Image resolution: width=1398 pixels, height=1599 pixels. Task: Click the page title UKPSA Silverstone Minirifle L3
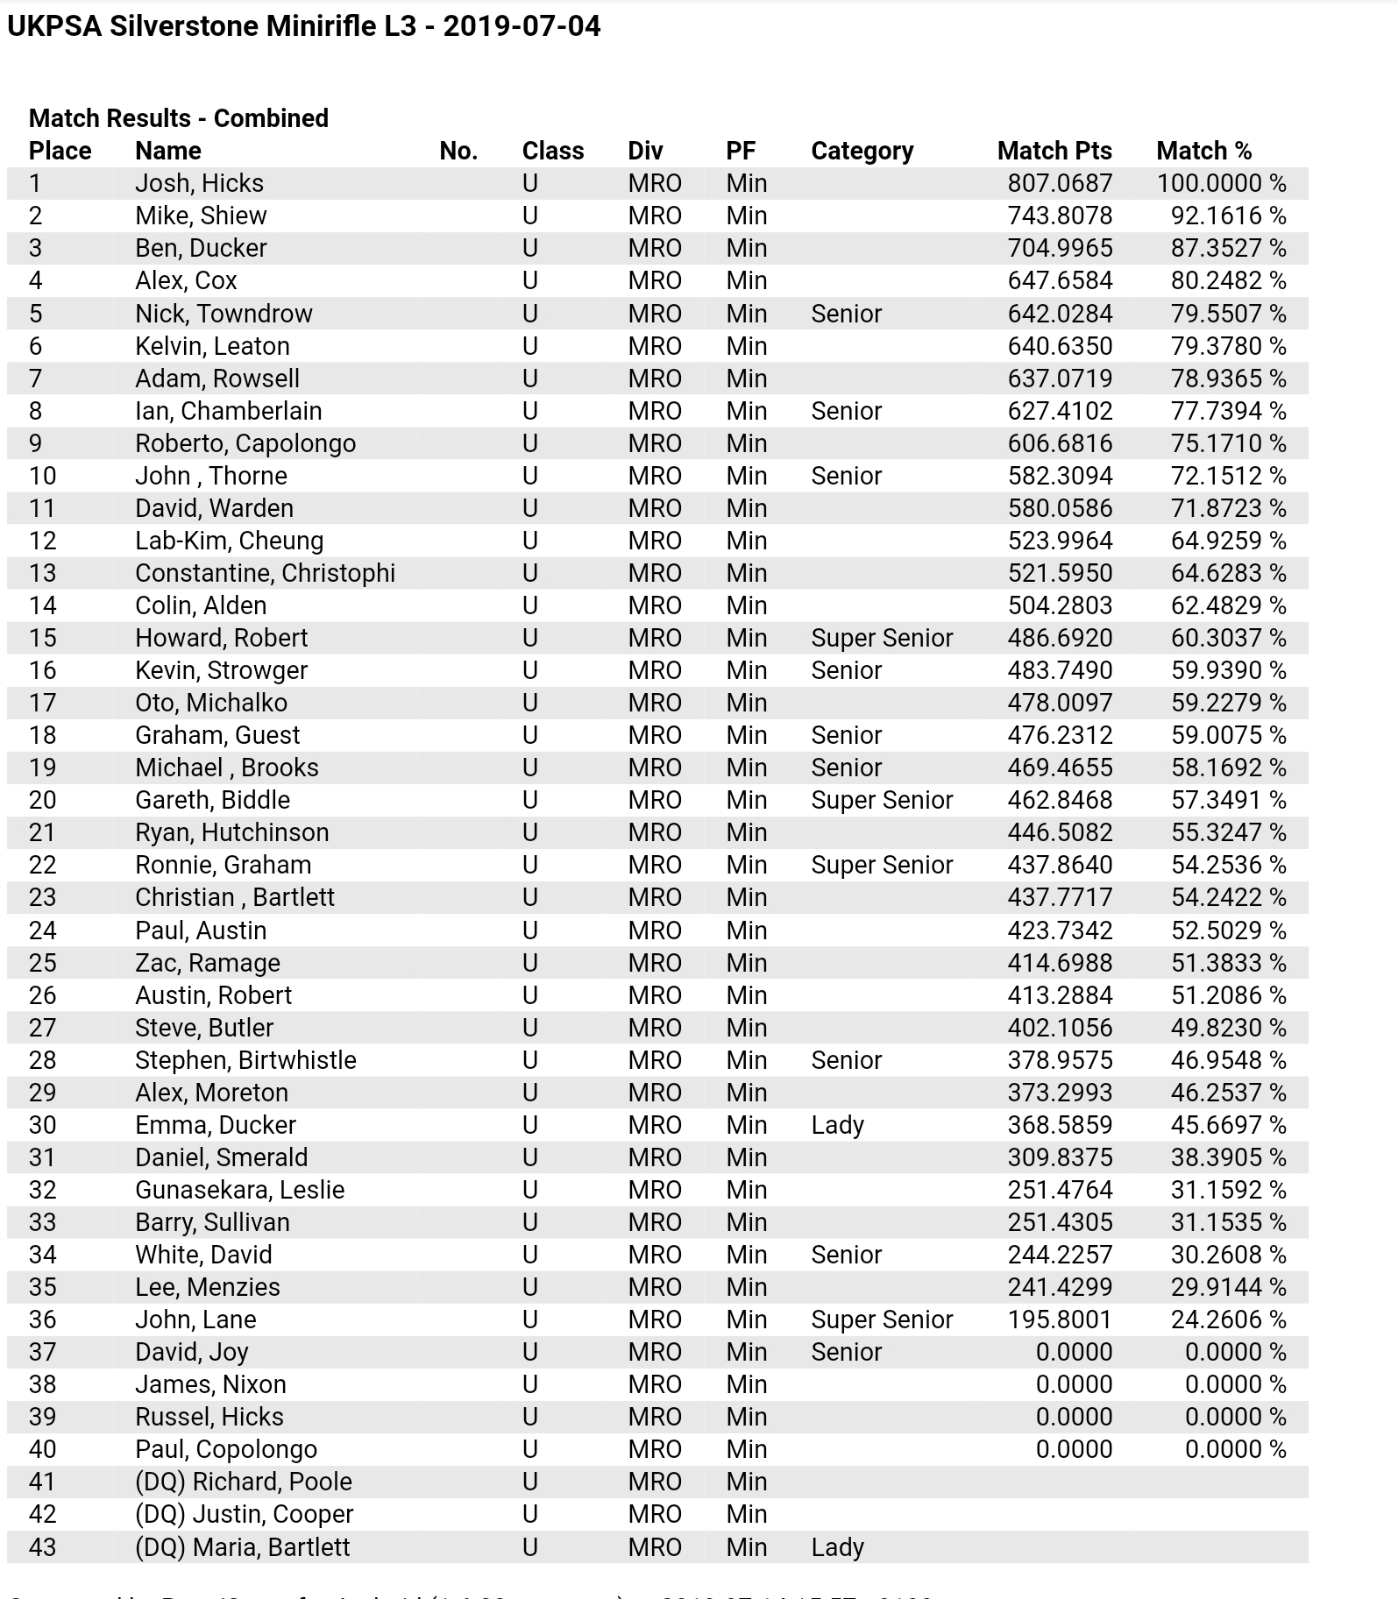(x=303, y=26)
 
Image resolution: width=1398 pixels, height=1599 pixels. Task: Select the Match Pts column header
(x=1054, y=151)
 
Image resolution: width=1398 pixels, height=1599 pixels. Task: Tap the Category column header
(x=862, y=151)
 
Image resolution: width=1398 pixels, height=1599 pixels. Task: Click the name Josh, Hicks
(x=199, y=183)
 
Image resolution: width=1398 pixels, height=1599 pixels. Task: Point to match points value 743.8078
(x=1059, y=216)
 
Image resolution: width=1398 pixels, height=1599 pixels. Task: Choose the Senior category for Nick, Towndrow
(x=846, y=314)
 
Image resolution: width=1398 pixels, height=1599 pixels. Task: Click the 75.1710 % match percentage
(x=1227, y=443)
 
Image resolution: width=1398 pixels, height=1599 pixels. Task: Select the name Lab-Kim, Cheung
(x=229, y=541)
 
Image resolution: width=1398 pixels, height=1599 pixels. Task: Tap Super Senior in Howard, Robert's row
(x=881, y=638)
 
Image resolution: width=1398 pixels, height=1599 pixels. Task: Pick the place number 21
(x=42, y=832)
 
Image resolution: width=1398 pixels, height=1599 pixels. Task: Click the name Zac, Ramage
(x=207, y=963)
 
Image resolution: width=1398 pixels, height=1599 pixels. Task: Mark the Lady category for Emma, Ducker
(x=837, y=1125)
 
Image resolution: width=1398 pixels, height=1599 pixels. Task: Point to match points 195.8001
(x=1059, y=1320)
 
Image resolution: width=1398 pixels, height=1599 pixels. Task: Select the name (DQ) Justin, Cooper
(x=244, y=1514)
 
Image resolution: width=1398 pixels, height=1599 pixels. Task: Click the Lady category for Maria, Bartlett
(x=837, y=1547)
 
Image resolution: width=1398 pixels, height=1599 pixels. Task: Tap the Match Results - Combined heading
(x=178, y=118)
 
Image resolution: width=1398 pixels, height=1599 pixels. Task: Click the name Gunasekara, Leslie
(x=239, y=1190)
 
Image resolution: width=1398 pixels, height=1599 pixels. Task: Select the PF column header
(x=740, y=151)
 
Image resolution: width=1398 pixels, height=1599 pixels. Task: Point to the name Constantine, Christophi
(x=265, y=573)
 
